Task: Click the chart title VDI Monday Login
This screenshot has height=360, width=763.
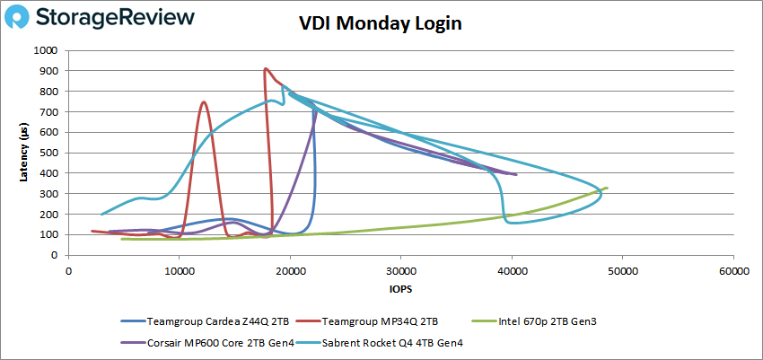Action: click(x=380, y=24)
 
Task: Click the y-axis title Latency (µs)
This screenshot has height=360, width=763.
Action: click(x=24, y=154)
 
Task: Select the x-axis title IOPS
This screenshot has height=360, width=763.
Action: click(x=400, y=290)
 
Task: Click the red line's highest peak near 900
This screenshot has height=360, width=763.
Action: click(x=265, y=68)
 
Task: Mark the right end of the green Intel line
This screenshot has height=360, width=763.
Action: click(x=607, y=188)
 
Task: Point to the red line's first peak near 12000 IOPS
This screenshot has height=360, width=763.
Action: click(x=204, y=101)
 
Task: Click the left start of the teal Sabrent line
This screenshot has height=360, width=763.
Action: click(x=101, y=214)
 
